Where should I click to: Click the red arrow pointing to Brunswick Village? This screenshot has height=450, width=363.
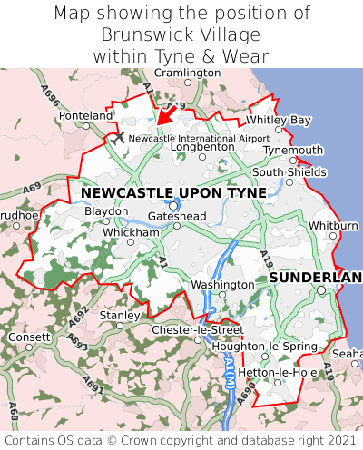[x=163, y=116]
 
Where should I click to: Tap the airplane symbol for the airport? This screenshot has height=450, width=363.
[x=117, y=137]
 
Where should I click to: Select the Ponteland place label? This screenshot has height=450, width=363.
[x=86, y=116]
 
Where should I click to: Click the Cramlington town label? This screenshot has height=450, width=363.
[x=187, y=72]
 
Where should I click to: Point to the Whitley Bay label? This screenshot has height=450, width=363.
[x=279, y=120]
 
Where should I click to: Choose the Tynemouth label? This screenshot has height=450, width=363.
[x=293, y=150]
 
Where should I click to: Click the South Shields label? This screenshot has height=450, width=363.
[x=289, y=171]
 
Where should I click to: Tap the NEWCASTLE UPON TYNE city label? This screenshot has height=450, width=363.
[x=173, y=193]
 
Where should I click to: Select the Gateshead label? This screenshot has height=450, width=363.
[x=177, y=216]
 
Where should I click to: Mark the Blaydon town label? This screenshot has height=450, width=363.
[x=106, y=211]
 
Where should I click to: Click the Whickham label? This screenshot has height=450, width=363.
[x=131, y=232]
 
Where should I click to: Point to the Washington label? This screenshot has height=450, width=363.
[x=222, y=285]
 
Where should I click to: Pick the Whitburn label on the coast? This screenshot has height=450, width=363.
[x=333, y=225]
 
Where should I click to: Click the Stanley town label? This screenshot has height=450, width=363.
[x=118, y=315]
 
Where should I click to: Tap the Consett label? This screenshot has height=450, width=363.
[x=30, y=337]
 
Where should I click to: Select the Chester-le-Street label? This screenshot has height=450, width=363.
[x=197, y=329]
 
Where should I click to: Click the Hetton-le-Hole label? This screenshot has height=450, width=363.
[x=264, y=372]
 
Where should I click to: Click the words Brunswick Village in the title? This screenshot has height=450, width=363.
[x=181, y=34]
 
